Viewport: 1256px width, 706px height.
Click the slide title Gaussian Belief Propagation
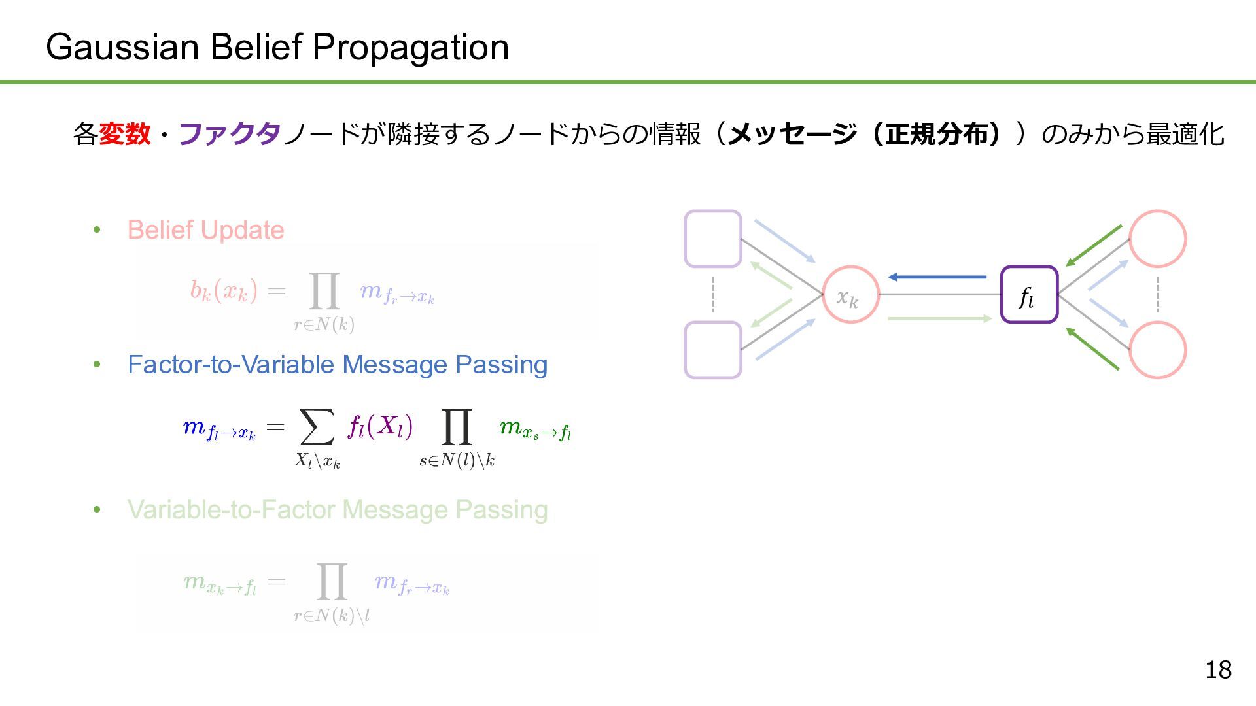tap(277, 47)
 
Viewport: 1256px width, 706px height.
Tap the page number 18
tap(1218, 669)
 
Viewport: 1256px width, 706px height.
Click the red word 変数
tap(125, 134)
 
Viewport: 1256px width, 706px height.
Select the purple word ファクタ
tap(230, 134)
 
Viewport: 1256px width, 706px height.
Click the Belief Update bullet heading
tap(205, 230)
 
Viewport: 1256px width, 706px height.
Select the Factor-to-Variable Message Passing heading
tap(338, 365)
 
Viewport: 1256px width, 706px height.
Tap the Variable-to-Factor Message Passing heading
tap(338, 510)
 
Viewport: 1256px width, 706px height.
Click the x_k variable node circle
tap(850, 295)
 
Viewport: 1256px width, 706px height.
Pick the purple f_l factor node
tap(1029, 295)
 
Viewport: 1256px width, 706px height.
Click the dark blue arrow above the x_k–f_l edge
tap(937, 277)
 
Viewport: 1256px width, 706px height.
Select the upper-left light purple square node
tap(713, 239)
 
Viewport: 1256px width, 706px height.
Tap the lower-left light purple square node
tap(713, 350)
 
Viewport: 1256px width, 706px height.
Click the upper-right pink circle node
tap(1157, 239)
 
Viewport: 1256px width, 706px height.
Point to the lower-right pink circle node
tap(1157, 350)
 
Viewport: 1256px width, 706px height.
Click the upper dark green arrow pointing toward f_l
tap(1094, 246)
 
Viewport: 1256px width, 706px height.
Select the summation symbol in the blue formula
tap(317, 427)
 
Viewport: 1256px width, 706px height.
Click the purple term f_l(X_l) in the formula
tap(380, 427)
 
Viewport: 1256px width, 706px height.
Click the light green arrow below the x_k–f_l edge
tap(939, 318)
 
